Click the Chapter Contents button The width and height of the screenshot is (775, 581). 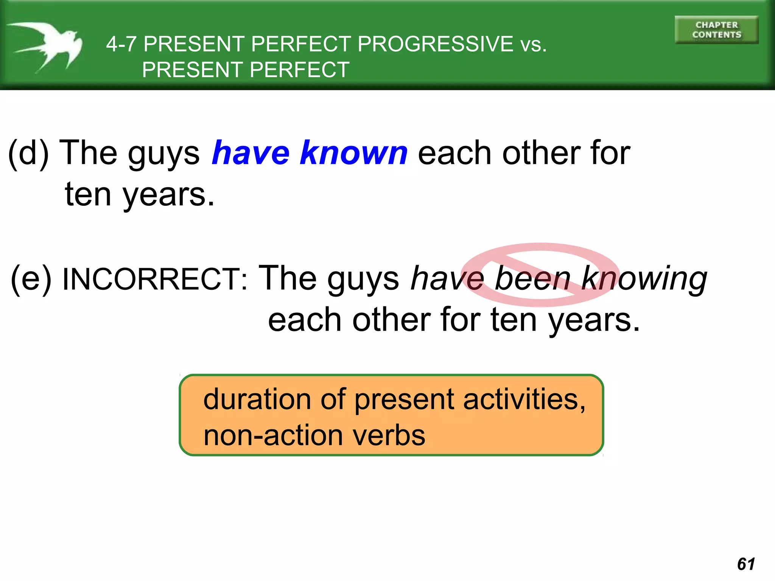(x=716, y=30)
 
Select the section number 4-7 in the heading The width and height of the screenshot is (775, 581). (x=121, y=44)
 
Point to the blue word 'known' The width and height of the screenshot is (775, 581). (x=354, y=153)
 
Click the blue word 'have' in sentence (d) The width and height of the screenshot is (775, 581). (x=251, y=153)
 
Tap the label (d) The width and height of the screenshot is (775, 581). (x=29, y=154)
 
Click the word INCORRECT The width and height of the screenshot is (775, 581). (x=155, y=279)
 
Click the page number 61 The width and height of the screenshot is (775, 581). (x=746, y=564)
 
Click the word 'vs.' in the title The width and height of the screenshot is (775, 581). (x=534, y=44)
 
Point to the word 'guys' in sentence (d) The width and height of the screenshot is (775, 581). (x=164, y=154)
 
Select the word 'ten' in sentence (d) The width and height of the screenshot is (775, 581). (x=88, y=194)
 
